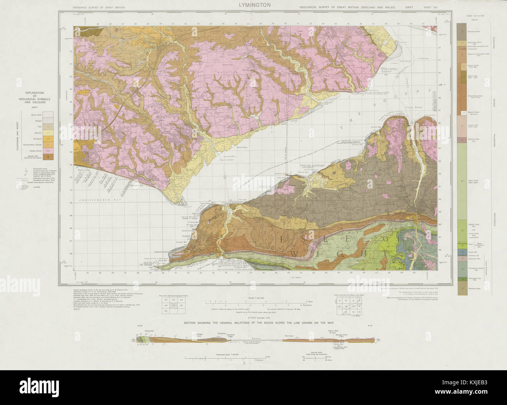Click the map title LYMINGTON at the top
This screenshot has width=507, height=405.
tap(253, 5)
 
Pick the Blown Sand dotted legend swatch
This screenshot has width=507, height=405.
tap(48, 115)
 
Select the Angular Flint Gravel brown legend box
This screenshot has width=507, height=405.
tap(48, 157)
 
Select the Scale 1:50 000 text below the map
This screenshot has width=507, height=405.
tap(253, 298)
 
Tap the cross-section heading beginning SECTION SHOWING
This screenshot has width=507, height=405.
tap(253, 324)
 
